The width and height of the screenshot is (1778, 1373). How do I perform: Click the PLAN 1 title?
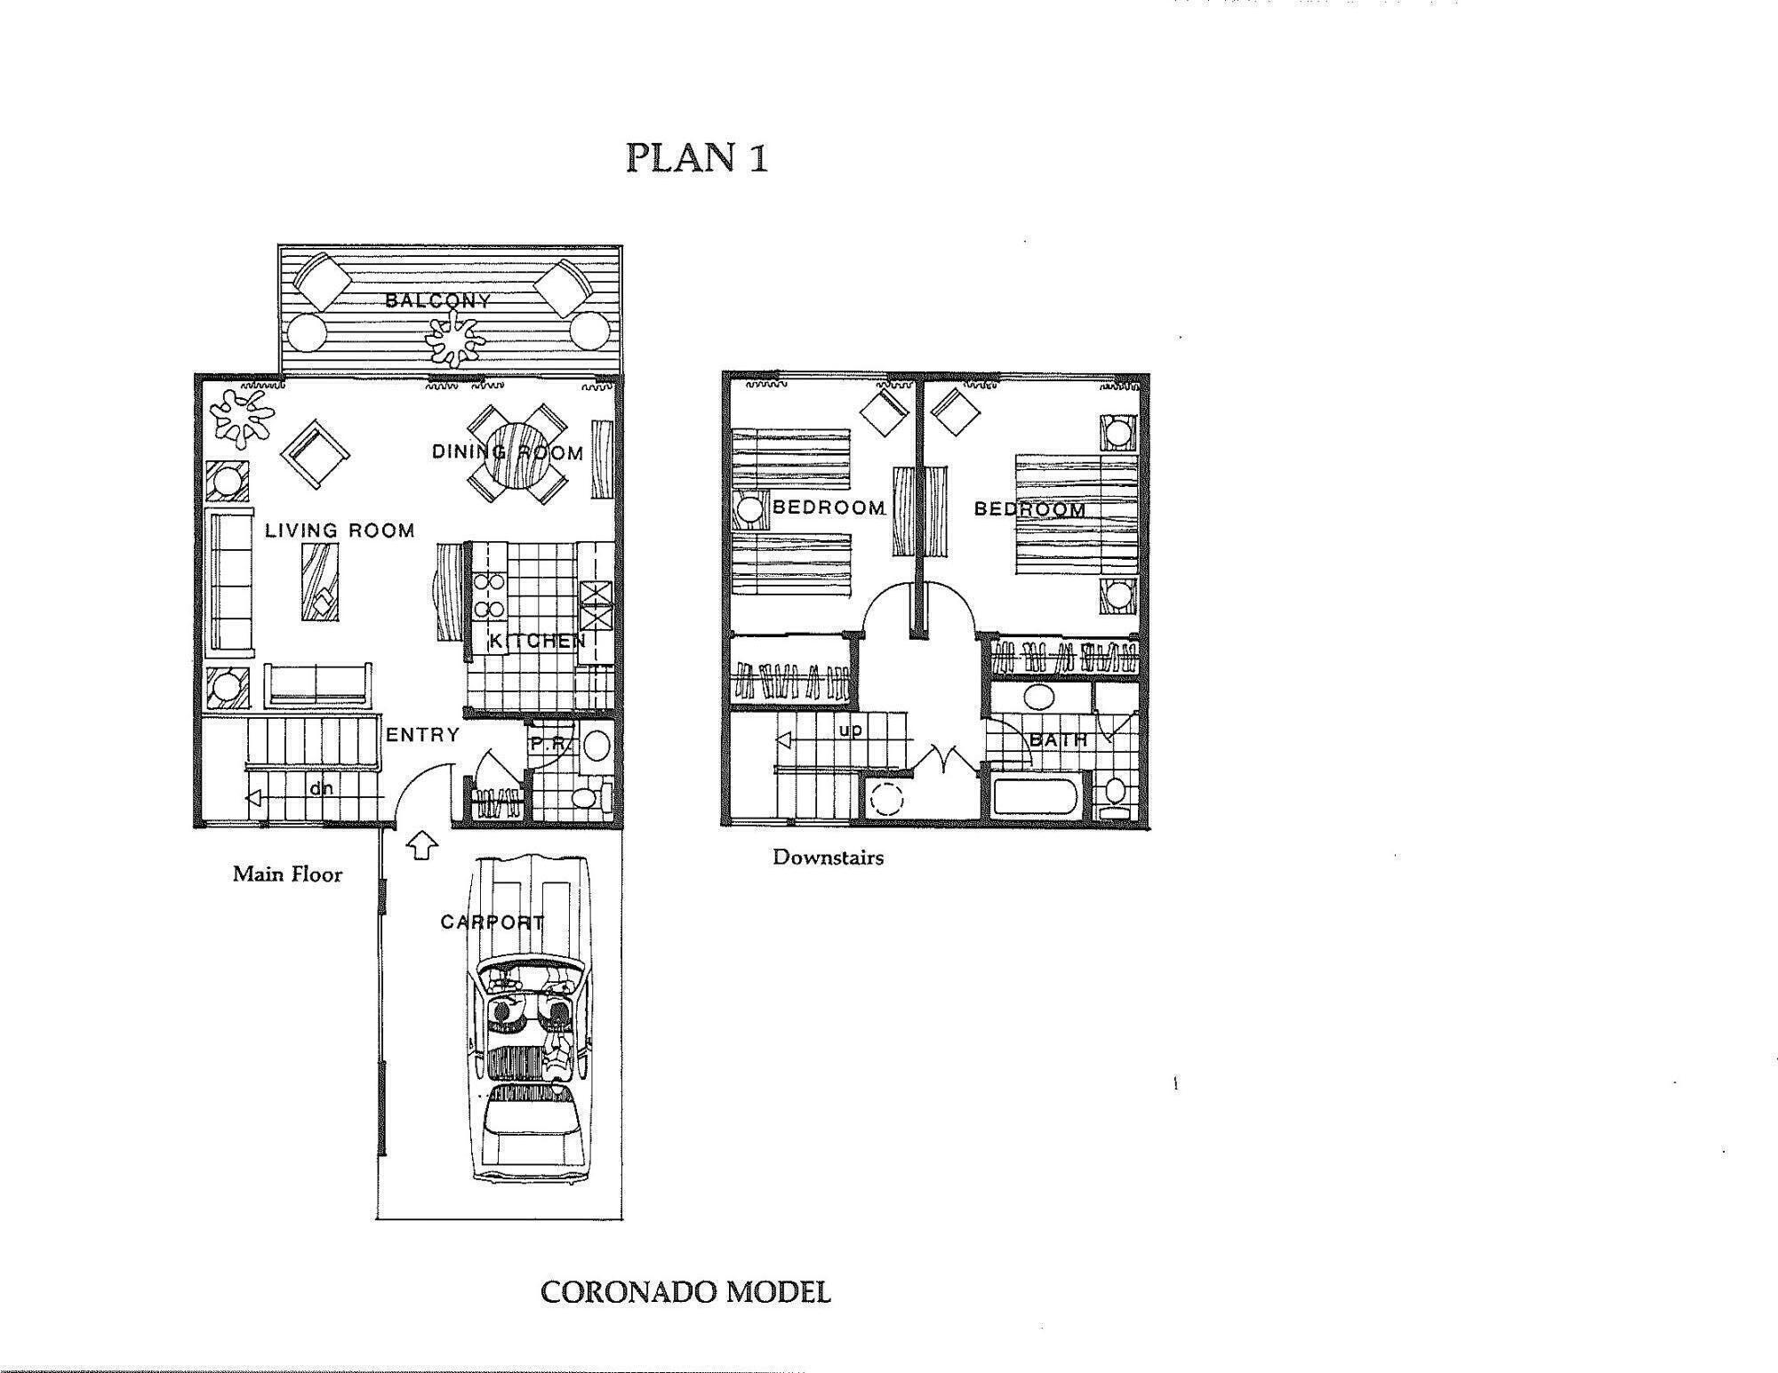[x=696, y=157]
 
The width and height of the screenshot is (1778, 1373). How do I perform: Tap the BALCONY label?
[x=437, y=300]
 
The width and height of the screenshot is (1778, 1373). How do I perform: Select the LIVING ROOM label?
[x=340, y=531]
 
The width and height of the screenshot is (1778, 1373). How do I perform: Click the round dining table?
[x=518, y=454]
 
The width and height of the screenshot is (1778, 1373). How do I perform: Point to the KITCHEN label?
[x=537, y=640]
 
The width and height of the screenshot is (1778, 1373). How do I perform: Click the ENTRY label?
[x=422, y=735]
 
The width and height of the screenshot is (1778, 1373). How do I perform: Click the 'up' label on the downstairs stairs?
[x=850, y=730]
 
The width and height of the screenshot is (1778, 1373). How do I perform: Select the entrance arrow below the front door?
[x=422, y=844]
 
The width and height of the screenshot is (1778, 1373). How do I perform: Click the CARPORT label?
[x=492, y=922]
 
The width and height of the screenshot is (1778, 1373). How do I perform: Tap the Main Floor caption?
[x=287, y=874]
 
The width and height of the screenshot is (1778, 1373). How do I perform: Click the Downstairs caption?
[x=828, y=858]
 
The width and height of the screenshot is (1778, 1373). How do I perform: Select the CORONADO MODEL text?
[x=685, y=1292]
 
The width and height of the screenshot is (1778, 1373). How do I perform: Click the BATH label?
[x=1058, y=739]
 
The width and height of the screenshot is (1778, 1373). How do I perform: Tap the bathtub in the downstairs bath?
[x=1036, y=796]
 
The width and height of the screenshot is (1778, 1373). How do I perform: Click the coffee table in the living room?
[x=320, y=582]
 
